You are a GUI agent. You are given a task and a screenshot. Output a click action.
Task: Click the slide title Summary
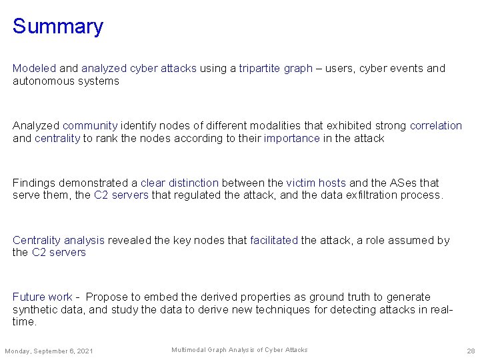point(58,27)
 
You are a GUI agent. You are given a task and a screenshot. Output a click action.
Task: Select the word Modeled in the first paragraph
point(35,69)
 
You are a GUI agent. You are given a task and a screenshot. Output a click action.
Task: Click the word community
point(90,125)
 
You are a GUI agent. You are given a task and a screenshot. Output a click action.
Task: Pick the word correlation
point(436,125)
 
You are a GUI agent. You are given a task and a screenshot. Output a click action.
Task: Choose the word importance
point(291,138)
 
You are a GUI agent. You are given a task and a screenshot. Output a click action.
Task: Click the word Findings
point(34,183)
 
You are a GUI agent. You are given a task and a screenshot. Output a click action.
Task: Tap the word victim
point(301,183)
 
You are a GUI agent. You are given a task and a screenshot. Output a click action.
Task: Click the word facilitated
point(274,240)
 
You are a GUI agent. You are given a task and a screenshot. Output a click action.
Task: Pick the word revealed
point(129,240)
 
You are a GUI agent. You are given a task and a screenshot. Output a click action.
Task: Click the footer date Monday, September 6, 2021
point(49,351)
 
